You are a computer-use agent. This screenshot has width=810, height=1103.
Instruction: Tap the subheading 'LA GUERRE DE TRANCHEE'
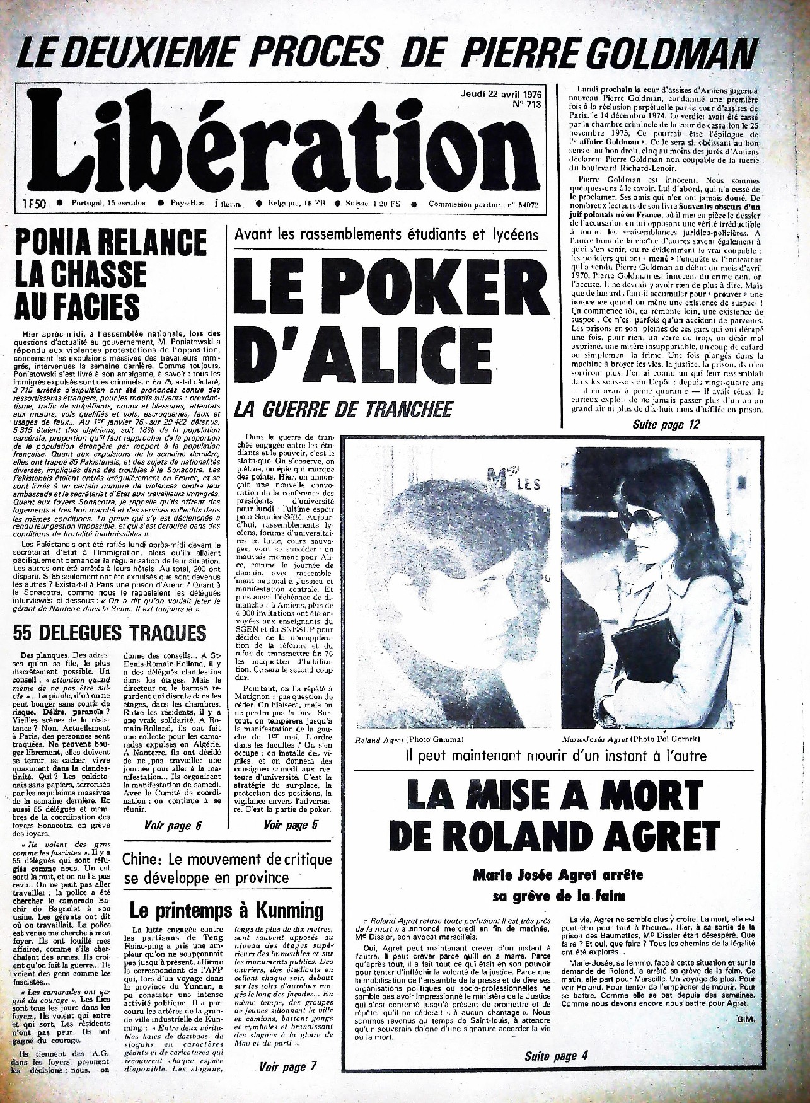(x=343, y=410)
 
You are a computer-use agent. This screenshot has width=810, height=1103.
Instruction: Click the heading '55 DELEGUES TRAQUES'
(x=110, y=632)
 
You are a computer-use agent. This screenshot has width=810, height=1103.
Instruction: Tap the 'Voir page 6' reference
(x=173, y=825)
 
